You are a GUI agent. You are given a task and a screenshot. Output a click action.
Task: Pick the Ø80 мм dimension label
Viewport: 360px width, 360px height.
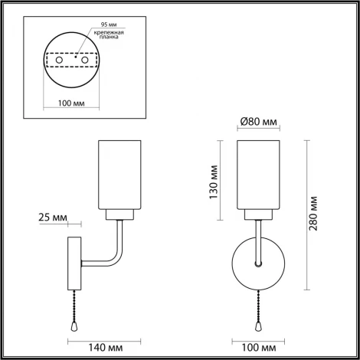257,122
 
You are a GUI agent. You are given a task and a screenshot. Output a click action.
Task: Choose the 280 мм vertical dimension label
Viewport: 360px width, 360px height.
314,215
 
